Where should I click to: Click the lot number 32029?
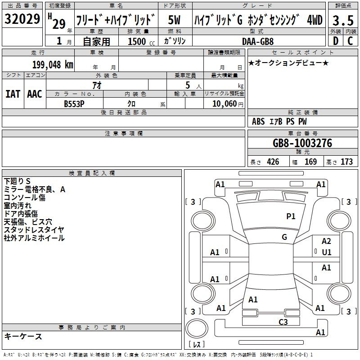22,18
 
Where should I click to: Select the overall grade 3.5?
343,20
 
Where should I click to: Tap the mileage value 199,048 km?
53,65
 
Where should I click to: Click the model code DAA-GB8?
258,41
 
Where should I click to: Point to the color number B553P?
74,104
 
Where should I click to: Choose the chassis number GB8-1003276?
302,143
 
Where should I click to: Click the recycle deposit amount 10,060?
224,104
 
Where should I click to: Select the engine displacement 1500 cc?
141,41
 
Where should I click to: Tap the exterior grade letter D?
336,41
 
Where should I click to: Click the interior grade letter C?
350,41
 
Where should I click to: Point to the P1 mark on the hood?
291,216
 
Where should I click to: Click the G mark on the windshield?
284,237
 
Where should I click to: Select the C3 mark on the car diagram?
283,322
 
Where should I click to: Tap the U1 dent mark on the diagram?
327,252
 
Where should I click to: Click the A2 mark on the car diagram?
326,241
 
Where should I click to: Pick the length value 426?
273,162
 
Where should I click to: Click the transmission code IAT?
13,94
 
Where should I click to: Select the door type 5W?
174,20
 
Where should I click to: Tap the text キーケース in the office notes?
23,336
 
